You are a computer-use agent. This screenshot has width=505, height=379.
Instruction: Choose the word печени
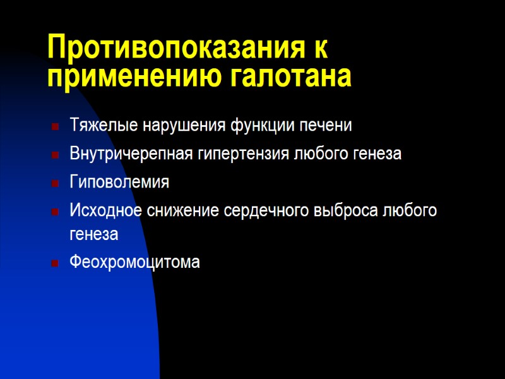(x=330, y=126)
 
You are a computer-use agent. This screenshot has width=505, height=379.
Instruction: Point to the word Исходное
(x=101, y=210)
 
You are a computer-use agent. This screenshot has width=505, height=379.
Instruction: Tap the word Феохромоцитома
(x=134, y=262)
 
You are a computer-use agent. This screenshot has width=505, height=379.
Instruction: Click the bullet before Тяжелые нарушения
(x=56, y=126)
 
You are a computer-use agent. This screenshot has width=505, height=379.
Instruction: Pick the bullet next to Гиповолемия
(x=56, y=183)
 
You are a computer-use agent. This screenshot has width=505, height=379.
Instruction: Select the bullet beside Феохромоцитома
(x=56, y=262)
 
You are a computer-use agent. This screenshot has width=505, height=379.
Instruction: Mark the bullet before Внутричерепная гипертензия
(x=56, y=154)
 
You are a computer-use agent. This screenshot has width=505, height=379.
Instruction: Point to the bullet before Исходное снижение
(x=56, y=211)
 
